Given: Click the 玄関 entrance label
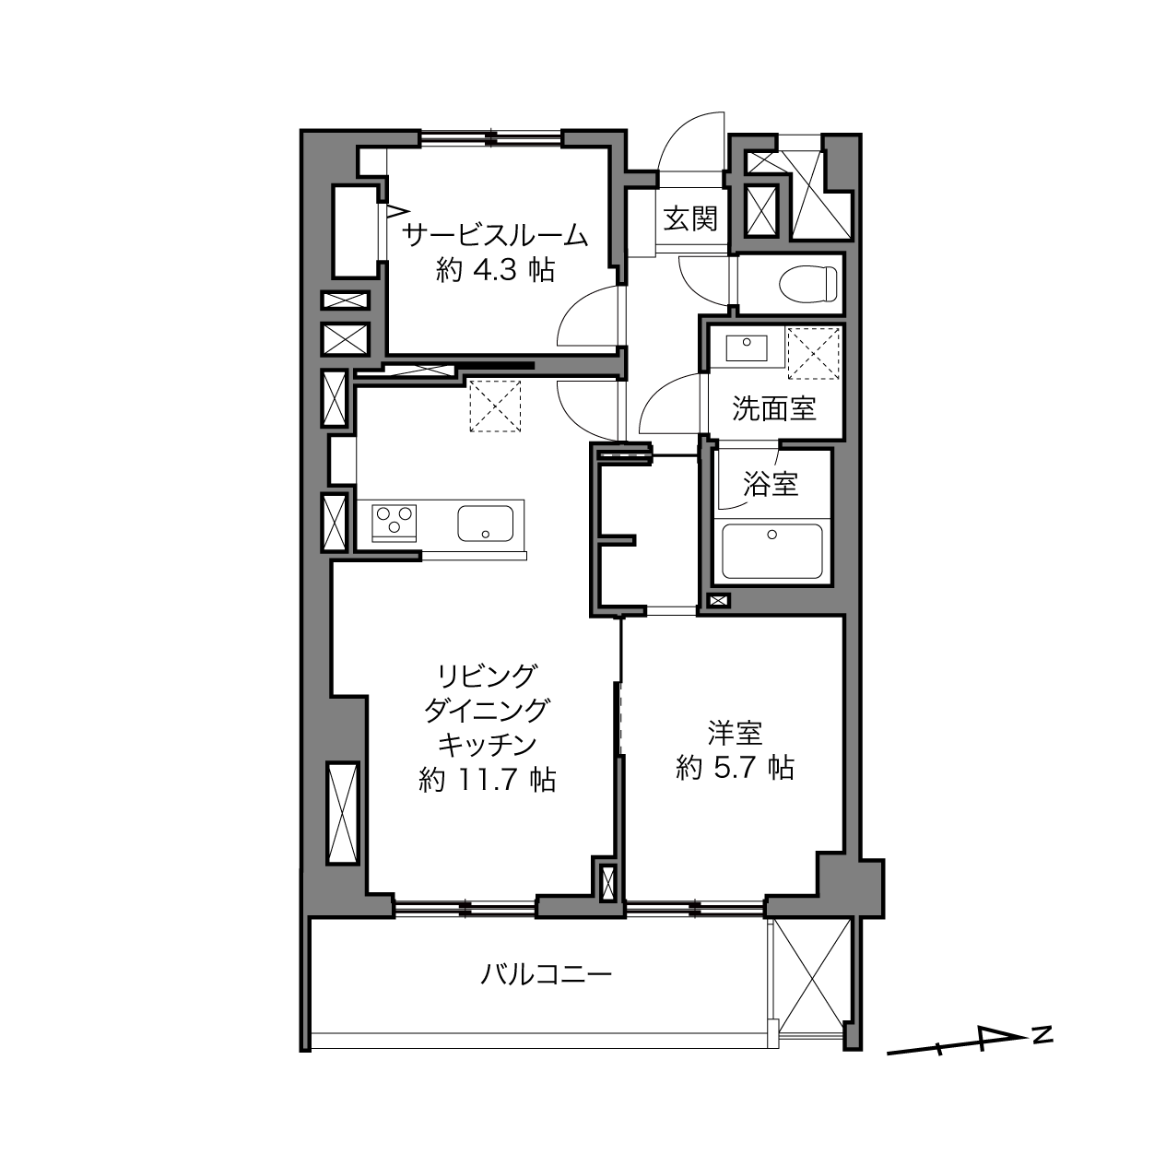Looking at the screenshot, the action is point(690,218).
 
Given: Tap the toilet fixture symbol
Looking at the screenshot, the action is point(808,283).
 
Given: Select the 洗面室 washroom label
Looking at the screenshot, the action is point(773,408).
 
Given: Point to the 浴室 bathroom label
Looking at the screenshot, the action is point(771,483).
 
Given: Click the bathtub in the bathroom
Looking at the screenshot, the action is point(771,551).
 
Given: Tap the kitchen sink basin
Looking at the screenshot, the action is point(485,523).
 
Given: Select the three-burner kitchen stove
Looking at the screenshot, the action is point(394,523).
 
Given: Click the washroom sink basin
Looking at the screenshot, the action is point(747,347).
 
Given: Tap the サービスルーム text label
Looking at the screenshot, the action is point(494,235).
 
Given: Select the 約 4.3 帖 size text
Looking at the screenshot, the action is point(495,271).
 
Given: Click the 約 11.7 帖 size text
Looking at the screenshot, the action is point(488,780).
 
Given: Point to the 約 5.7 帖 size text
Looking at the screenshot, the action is point(735,767).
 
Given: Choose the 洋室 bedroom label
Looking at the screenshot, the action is point(735,733).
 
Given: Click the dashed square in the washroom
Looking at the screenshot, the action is point(813,353).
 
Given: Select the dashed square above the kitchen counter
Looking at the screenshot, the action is point(495,406).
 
